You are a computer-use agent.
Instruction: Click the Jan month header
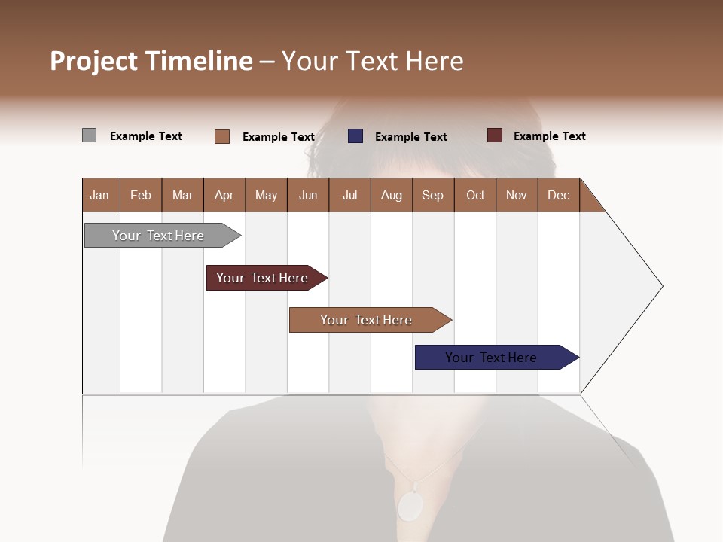click(100, 195)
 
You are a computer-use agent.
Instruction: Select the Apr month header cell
click(224, 195)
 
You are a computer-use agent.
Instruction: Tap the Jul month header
click(349, 195)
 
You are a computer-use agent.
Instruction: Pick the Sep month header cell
click(433, 195)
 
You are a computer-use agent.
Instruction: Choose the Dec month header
click(558, 195)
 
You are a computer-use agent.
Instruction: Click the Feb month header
click(141, 195)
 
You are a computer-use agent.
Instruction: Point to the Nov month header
click(517, 195)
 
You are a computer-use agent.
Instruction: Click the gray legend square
click(89, 135)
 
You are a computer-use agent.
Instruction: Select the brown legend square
click(221, 136)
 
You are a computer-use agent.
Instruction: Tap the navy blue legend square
click(355, 136)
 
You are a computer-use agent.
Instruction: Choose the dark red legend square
click(494, 135)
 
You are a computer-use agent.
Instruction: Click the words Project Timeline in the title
click(151, 61)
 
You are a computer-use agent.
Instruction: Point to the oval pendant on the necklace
click(410, 506)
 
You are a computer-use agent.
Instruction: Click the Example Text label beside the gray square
click(146, 136)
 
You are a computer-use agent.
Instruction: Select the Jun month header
click(308, 195)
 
